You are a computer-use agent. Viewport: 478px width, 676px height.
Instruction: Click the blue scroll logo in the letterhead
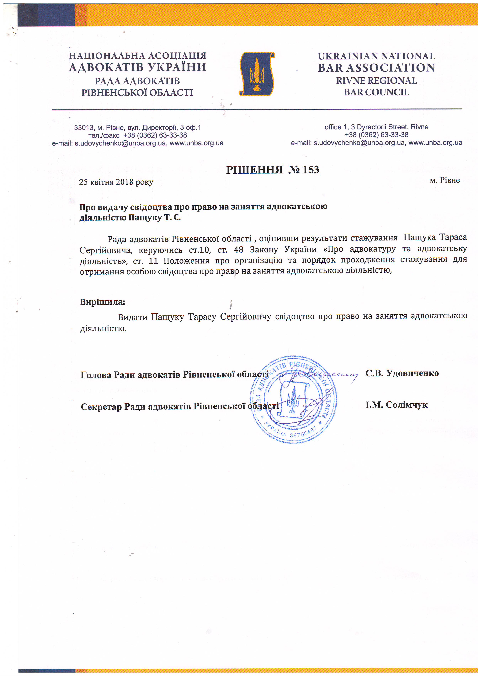257,74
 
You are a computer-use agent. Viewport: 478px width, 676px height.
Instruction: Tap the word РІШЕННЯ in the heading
254,170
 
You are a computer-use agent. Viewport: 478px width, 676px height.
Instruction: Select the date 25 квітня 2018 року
116,182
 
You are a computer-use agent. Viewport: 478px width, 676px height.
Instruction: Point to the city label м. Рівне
444,180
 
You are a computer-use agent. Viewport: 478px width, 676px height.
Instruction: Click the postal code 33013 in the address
84,128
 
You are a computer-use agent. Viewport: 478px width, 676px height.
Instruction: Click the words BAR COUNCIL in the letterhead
376,92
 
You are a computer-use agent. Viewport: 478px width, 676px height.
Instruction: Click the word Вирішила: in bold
103,302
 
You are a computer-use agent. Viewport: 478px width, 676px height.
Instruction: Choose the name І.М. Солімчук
396,405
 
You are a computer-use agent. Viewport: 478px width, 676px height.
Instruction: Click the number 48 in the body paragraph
239,250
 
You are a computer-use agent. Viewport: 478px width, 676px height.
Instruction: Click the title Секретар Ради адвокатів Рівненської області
180,407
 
